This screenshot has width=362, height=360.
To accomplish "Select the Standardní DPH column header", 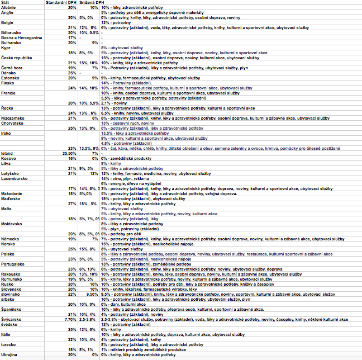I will coord(60,3).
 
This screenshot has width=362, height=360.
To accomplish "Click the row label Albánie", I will coord(8,8).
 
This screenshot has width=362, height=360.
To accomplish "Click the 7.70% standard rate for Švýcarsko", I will coord(70,319).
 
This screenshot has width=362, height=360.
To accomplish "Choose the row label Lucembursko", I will coord(13,179).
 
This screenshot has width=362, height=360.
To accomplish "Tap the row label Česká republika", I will coord(16,57).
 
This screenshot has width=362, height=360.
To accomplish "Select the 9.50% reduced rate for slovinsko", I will coord(92,294).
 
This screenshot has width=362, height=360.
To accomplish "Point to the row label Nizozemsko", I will coord(13,118).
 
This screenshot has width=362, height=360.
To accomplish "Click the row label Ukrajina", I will coord(9,355).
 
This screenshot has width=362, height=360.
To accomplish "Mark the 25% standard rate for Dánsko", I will coord(72,72).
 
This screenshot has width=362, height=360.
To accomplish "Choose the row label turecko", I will coord(8,344).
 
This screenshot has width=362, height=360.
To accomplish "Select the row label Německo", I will coord(10,239).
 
